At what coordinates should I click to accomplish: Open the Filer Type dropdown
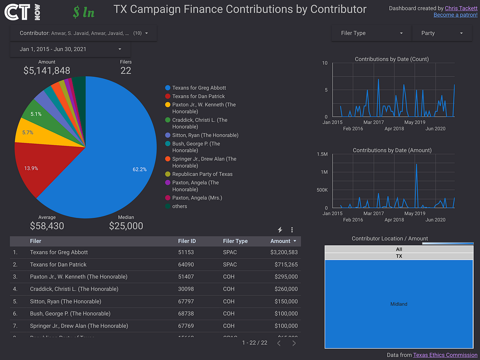[371, 33]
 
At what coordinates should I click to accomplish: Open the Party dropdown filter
[442, 33]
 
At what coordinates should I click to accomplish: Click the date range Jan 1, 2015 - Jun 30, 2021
[70, 49]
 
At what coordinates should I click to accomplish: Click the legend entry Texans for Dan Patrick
[199, 96]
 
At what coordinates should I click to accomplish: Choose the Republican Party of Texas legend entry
[202, 174]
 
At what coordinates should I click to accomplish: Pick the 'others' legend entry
[180, 206]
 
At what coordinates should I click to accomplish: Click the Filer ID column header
[187, 241]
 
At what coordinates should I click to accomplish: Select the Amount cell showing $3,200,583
[284, 252]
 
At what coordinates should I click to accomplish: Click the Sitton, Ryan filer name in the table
[65, 301]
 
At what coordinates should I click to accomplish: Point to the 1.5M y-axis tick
[322, 154]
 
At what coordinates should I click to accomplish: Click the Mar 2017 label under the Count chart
[373, 122]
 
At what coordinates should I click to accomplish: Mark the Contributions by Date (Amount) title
[392, 150]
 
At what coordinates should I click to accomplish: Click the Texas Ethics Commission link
[445, 355]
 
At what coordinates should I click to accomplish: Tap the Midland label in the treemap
[399, 304]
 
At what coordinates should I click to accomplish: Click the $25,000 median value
[126, 226]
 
